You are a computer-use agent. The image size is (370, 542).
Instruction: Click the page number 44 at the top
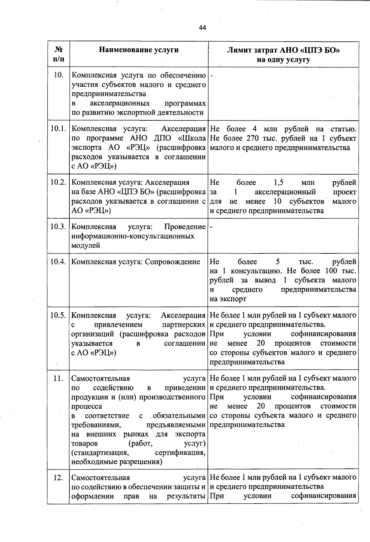point(202,28)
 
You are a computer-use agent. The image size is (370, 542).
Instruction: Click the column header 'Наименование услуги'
point(138,50)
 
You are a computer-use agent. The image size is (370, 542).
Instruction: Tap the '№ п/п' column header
point(59,54)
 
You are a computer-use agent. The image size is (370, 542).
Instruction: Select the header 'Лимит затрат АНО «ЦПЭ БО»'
point(283,50)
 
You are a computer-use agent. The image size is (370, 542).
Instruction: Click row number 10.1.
point(59,129)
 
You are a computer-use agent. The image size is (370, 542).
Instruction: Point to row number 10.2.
point(59,182)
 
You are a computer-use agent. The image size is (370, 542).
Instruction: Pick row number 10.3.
point(59,227)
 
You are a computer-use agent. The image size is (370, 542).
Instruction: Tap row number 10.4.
point(59,262)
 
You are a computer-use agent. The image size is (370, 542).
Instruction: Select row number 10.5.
point(59,315)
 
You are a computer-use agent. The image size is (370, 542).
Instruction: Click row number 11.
point(58,378)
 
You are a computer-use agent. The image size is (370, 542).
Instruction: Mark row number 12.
point(58,478)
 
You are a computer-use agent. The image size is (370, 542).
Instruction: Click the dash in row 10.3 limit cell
point(211,227)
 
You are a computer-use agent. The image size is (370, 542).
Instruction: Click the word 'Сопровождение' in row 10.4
point(172,262)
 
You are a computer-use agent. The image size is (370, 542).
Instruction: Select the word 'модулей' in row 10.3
point(85,245)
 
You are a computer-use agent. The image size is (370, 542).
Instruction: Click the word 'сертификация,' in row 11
point(180,453)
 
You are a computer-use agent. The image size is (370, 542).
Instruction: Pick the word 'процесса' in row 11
point(86,406)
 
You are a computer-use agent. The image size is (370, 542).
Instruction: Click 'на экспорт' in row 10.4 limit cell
point(228,299)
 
